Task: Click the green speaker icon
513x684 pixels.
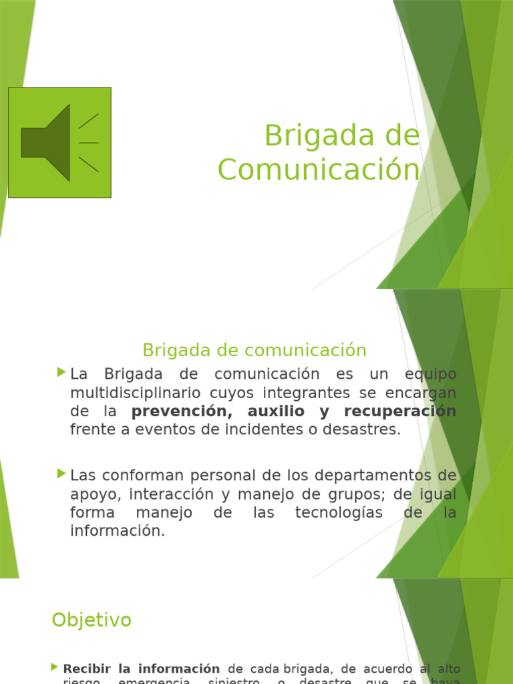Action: click(x=59, y=142)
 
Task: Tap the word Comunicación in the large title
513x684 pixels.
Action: click(x=319, y=170)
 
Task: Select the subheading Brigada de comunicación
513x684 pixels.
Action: click(x=254, y=350)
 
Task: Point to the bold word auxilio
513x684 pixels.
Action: click(x=276, y=411)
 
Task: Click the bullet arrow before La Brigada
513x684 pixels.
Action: click(x=62, y=371)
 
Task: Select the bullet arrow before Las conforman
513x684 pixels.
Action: click(x=62, y=474)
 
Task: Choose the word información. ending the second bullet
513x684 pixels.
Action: click(x=118, y=532)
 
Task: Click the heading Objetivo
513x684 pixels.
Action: click(x=92, y=621)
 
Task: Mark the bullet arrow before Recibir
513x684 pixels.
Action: click(x=54, y=667)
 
